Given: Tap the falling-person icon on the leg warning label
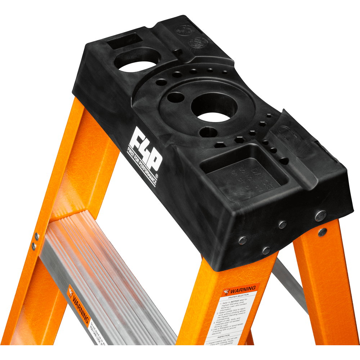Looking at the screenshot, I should (226, 291).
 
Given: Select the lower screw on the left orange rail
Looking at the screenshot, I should (34, 246).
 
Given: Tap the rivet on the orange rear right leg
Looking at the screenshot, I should (323, 232).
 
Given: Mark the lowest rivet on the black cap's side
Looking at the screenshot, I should (266, 250).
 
